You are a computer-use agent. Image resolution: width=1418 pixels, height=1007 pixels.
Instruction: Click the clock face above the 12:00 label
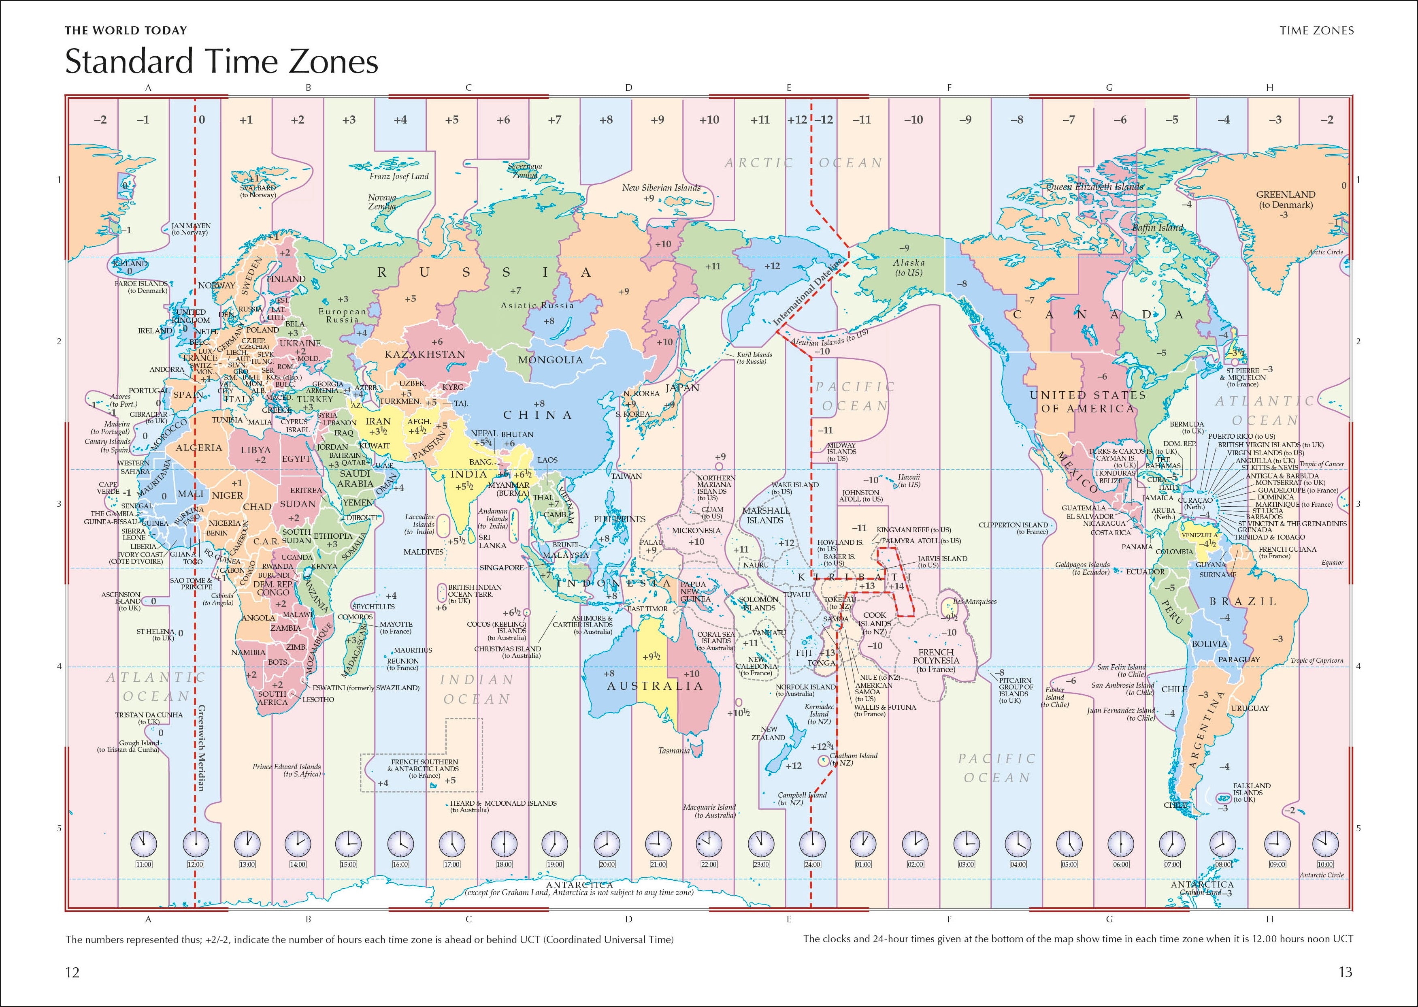pyautogui.click(x=196, y=842)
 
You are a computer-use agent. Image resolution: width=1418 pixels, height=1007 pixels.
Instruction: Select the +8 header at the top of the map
pyautogui.click(x=605, y=119)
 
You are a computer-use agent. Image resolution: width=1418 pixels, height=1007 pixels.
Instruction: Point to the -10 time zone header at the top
pyautogui.click(x=913, y=119)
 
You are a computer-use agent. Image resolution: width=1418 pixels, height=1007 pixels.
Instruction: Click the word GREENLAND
pyautogui.click(x=1285, y=194)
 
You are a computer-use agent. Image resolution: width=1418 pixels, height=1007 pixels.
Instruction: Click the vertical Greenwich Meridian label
pyautogui.click(x=201, y=747)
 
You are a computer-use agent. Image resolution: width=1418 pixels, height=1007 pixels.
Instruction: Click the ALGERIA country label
pyautogui.click(x=198, y=447)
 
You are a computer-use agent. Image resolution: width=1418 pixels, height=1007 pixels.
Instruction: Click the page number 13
pyautogui.click(x=1345, y=972)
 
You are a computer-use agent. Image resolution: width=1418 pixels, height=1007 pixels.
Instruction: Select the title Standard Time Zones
pyautogui.click(x=221, y=62)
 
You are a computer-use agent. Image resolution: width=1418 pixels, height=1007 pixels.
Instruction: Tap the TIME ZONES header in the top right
pyautogui.click(x=1316, y=30)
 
